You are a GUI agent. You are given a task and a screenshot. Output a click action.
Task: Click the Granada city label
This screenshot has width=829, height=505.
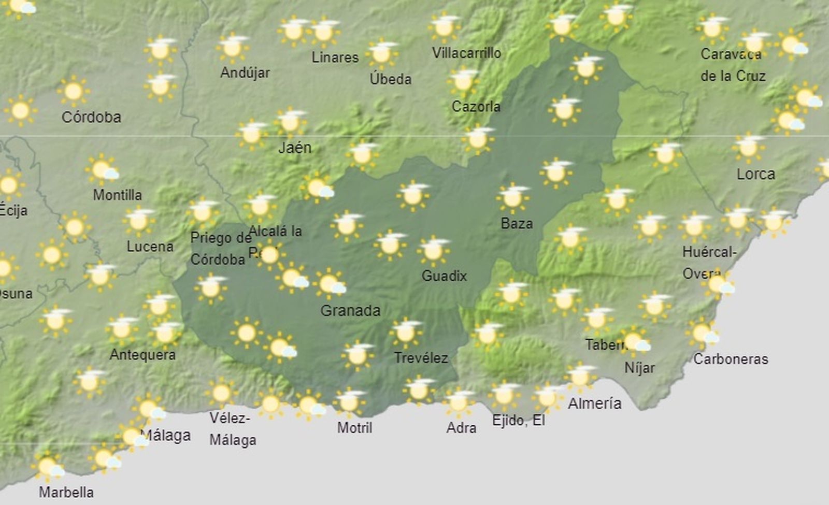tap(350, 310)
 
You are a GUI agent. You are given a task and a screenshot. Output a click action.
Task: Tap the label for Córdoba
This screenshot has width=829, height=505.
tap(91, 117)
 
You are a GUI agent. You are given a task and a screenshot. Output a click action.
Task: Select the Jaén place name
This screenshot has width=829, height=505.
tap(295, 148)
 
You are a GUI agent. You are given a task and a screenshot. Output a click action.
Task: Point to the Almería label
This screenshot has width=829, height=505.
tap(594, 403)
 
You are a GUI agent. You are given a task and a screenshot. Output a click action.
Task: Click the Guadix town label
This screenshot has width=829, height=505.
tap(444, 276)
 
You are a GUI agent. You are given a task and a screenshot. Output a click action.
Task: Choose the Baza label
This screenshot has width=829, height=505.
tap(517, 223)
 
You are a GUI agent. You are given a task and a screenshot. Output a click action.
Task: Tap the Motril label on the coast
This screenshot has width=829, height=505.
tap(354, 427)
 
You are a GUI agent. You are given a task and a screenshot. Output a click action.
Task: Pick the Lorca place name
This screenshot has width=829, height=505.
tap(755, 174)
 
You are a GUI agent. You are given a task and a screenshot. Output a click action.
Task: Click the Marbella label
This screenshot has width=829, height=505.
tap(66, 492)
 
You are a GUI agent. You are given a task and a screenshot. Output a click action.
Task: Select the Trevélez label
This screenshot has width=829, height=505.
tap(421, 357)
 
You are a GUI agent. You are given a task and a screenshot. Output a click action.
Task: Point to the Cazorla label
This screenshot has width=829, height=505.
tap(476, 107)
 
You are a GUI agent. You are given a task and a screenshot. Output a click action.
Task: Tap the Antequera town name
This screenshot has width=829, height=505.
tap(142, 355)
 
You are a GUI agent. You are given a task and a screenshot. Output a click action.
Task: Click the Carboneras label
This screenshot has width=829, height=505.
tap(731, 359)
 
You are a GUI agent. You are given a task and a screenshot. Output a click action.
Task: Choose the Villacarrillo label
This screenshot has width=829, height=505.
tap(466, 53)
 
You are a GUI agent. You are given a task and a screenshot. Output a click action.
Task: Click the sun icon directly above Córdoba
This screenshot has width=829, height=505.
tap(73, 91)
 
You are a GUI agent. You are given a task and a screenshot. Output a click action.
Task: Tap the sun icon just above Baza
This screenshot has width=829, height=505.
tap(512, 197)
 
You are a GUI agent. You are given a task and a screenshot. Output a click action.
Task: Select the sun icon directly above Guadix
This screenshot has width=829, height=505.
tap(433, 251)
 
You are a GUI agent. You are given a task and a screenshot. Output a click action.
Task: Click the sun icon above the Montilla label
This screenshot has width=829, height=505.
tap(102, 169)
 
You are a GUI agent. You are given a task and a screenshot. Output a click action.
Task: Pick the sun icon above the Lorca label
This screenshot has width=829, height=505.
tap(748, 147)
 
